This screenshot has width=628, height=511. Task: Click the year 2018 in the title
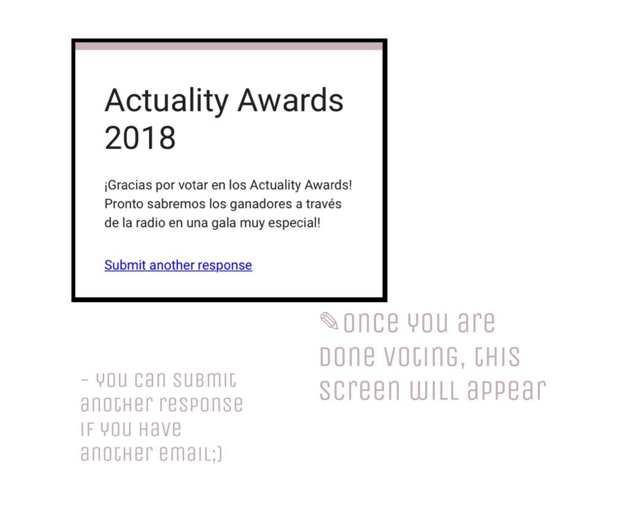click(x=140, y=138)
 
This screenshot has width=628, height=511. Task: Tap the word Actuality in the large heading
click(x=167, y=102)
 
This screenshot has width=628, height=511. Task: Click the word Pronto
click(x=124, y=204)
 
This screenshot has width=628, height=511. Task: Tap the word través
click(x=324, y=204)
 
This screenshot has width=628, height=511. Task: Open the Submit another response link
click(x=178, y=265)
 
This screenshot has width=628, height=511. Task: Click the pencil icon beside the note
click(x=329, y=321)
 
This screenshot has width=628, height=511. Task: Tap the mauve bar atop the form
click(x=229, y=47)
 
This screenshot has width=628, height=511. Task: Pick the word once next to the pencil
click(x=371, y=322)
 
